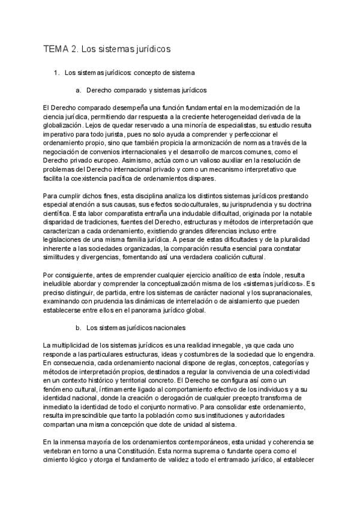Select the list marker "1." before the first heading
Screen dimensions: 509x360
point(57,74)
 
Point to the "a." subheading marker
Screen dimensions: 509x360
point(78,91)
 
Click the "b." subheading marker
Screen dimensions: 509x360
point(78,328)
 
